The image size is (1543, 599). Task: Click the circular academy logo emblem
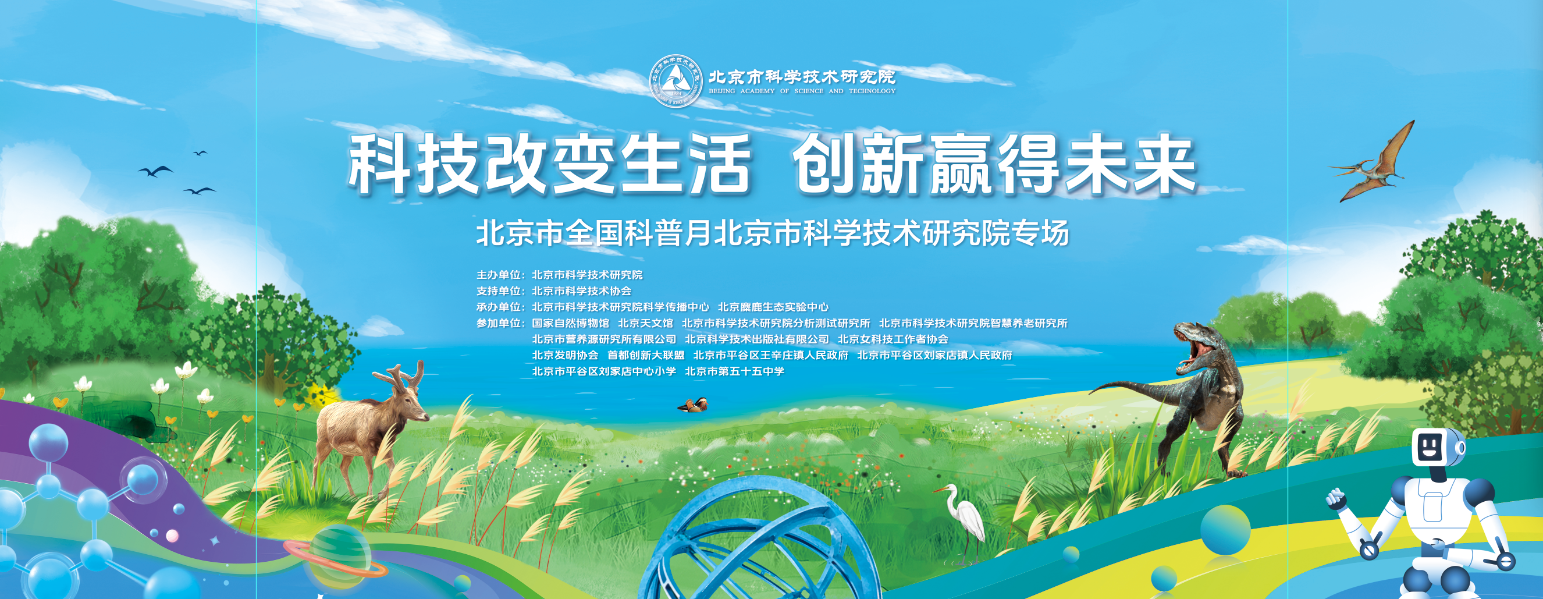(x=675, y=82)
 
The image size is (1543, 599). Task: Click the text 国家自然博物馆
(x=570, y=324)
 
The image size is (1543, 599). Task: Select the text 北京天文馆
(x=645, y=324)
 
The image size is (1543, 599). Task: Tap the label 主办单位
(x=499, y=275)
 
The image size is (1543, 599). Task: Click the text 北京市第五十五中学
(x=734, y=371)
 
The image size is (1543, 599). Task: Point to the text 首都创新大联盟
(x=645, y=355)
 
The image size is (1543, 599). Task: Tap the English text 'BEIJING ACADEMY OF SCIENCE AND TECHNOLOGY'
(x=802, y=91)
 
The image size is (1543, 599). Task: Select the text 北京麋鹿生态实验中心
(x=773, y=307)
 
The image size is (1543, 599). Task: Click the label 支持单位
(x=499, y=291)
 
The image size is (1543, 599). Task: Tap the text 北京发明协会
(x=565, y=355)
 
